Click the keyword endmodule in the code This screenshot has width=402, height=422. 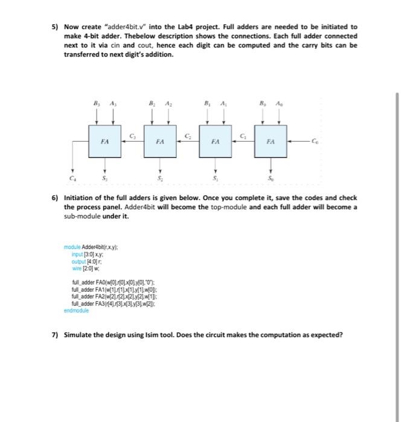coord(76,310)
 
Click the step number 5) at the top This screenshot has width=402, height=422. coord(54,27)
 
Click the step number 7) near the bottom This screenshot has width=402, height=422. coord(54,335)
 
